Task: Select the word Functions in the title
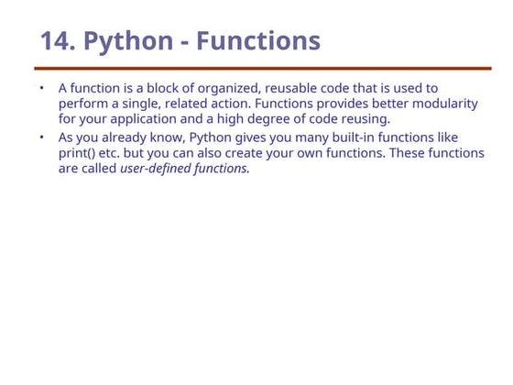click(x=258, y=41)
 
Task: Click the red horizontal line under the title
click(x=262, y=68)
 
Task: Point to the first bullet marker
click(x=41, y=88)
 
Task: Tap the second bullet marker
click(x=41, y=137)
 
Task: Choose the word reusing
click(x=363, y=119)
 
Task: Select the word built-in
click(x=344, y=137)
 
